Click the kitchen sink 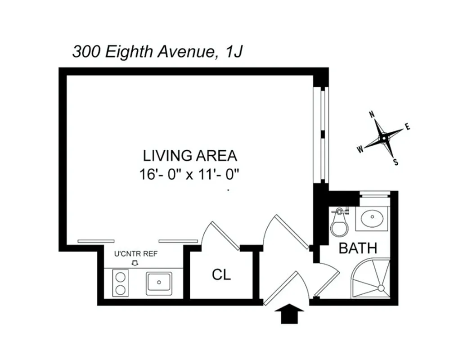[x=159, y=283]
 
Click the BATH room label [x=358, y=248]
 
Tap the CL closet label [x=221, y=274]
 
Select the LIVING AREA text [x=190, y=156]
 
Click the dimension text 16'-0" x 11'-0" [x=189, y=174]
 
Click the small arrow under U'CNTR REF [x=134, y=263]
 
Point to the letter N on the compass [x=372, y=114]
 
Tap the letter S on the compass [x=396, y=162]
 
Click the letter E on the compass [x=408, y=127]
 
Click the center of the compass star [x=383, y=138]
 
